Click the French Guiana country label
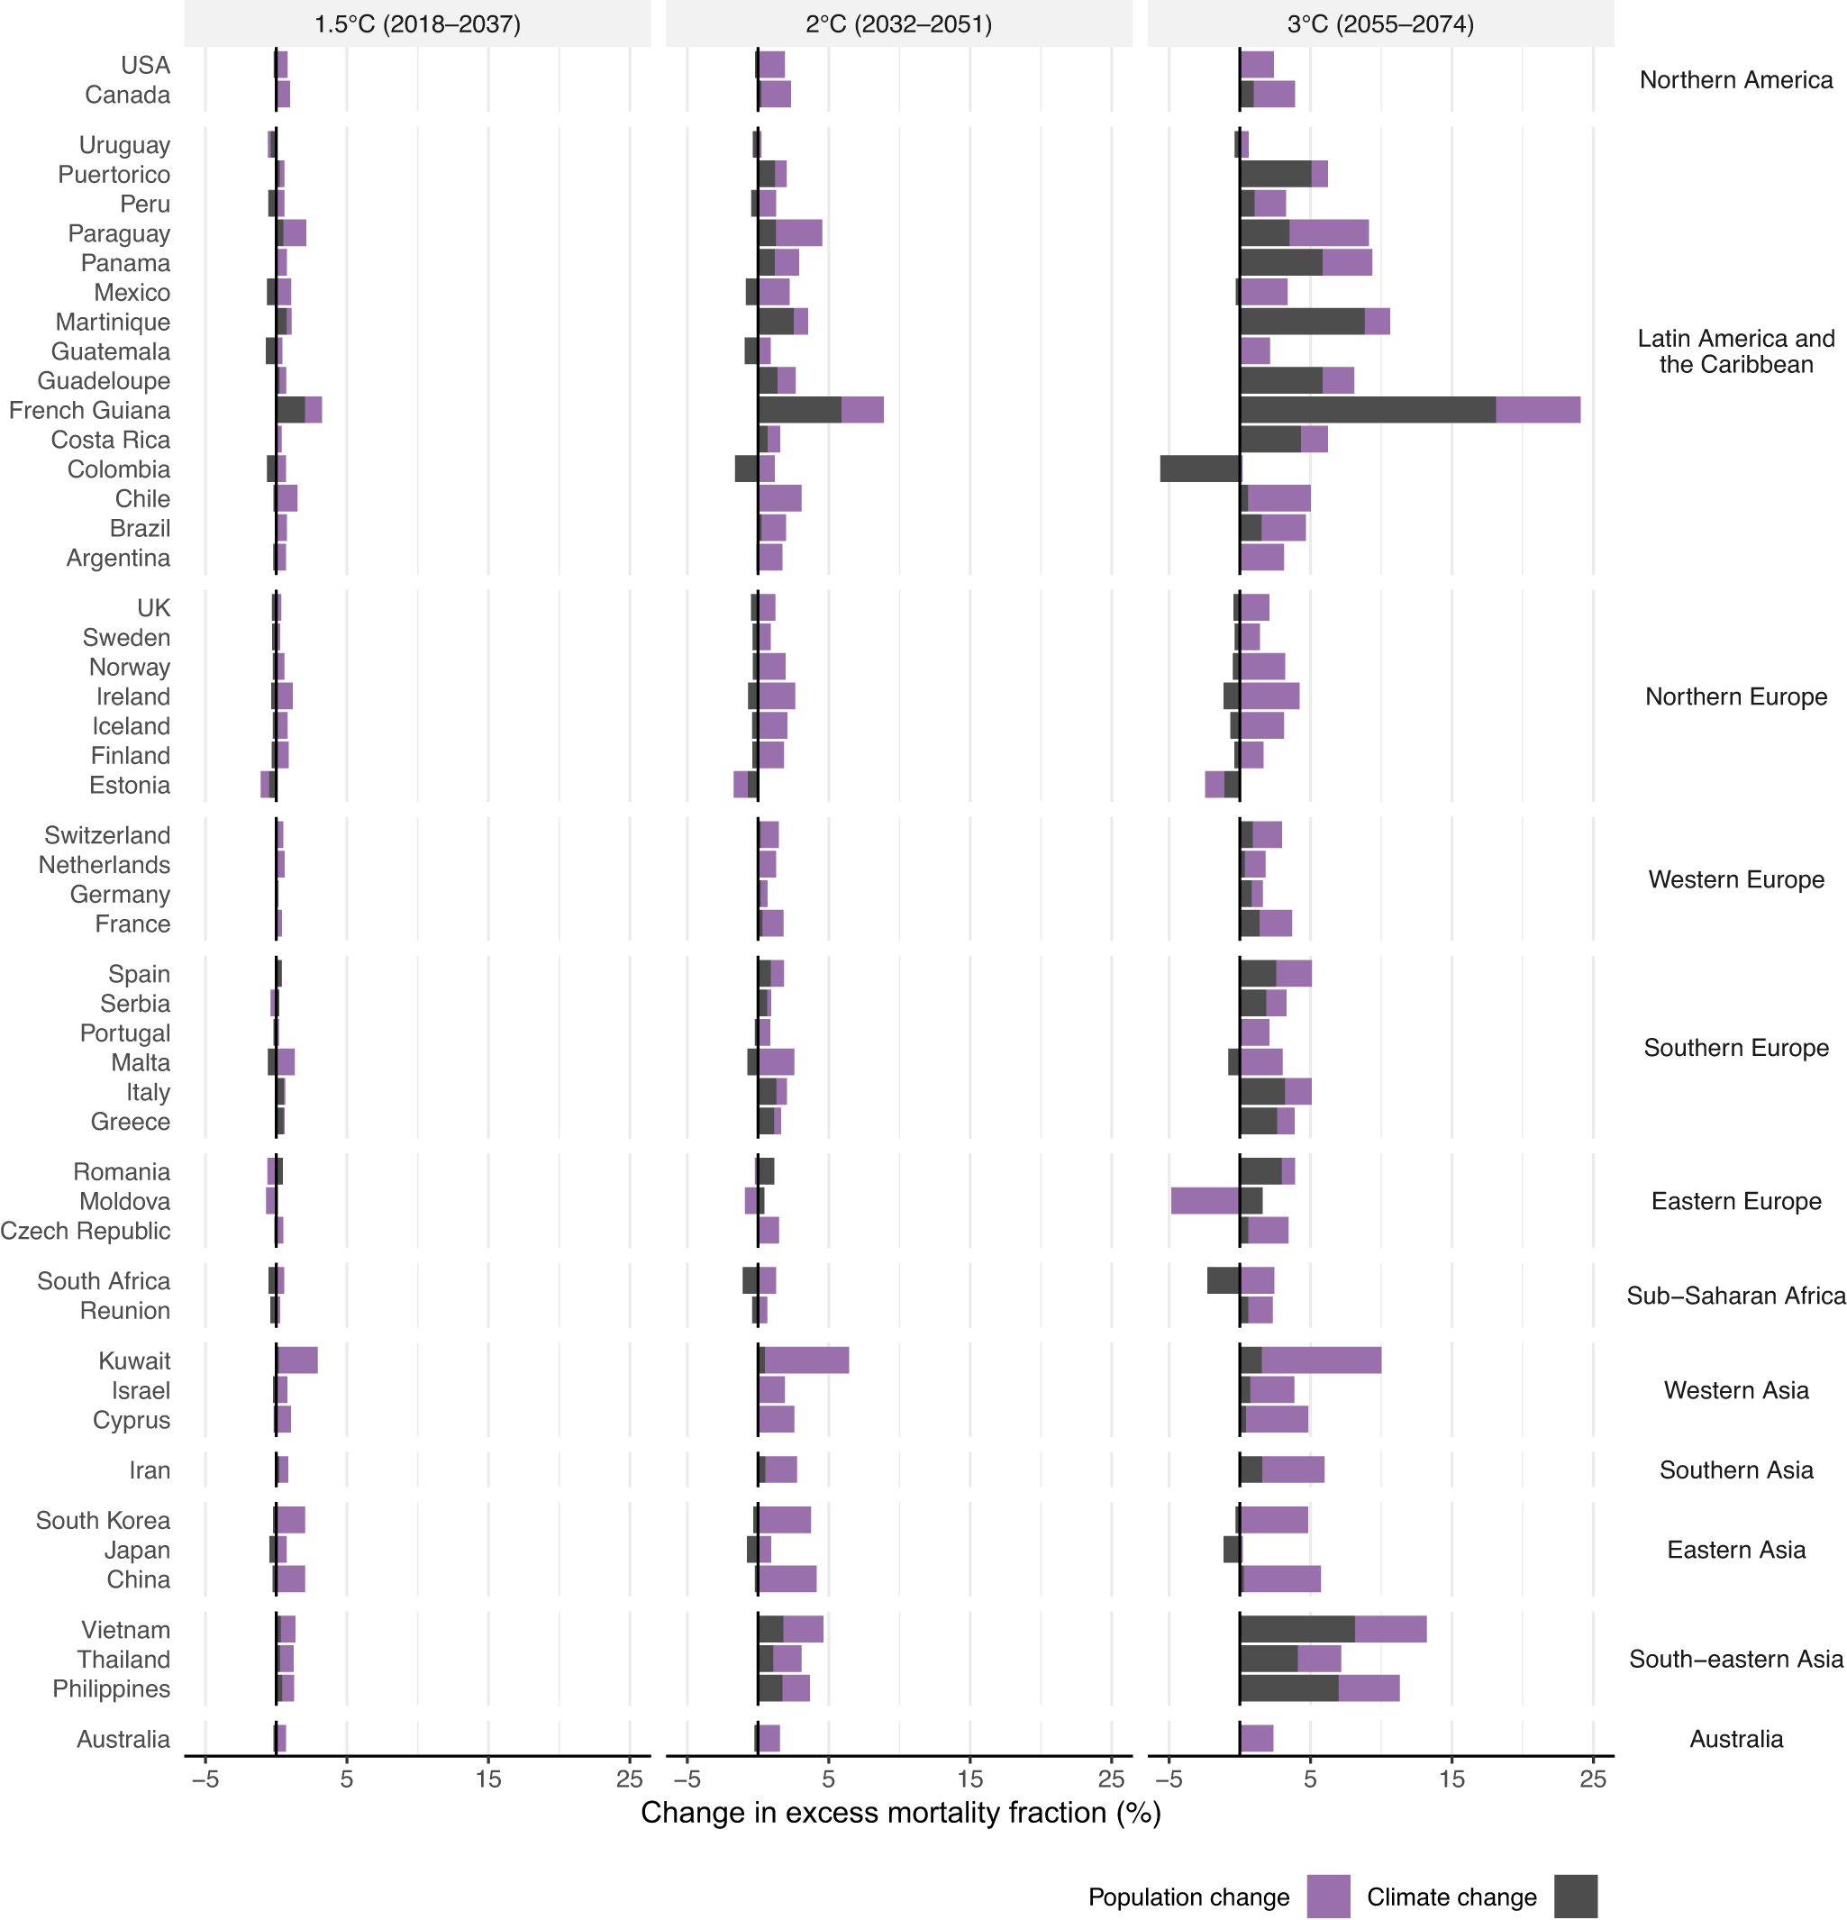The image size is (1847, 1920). pos(89,411)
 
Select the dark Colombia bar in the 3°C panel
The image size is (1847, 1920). pos(1200,469)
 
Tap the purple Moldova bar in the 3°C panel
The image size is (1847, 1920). pos(1205,1201)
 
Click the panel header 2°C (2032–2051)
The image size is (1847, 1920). pos(898,23)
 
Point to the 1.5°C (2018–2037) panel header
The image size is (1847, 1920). pos(417,23)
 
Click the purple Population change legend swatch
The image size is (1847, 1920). pos(1328,1897)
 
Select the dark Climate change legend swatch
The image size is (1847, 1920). pos(1576,1897)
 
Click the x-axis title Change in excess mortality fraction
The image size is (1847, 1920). pos(900,1812)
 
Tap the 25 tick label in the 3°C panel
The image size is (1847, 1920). pos(1593,1779)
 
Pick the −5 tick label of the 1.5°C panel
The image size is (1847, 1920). pos(205,1779)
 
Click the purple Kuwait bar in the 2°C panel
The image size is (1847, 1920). pos(806,1360)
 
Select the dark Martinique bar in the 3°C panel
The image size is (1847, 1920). pos(1302,322)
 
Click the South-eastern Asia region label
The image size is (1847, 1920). pos(1735,1659)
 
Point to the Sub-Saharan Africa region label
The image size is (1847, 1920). pos(1735,1295)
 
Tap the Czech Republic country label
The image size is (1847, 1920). pos(86,1231)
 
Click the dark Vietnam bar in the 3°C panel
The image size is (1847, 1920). pos(1297,1629)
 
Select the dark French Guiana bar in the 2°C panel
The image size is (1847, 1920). pos(799,411)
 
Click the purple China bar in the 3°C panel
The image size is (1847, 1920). pos(1281,1579)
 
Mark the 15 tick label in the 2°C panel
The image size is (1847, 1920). pos(969,1779)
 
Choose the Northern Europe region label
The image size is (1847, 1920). pos(1735,696)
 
